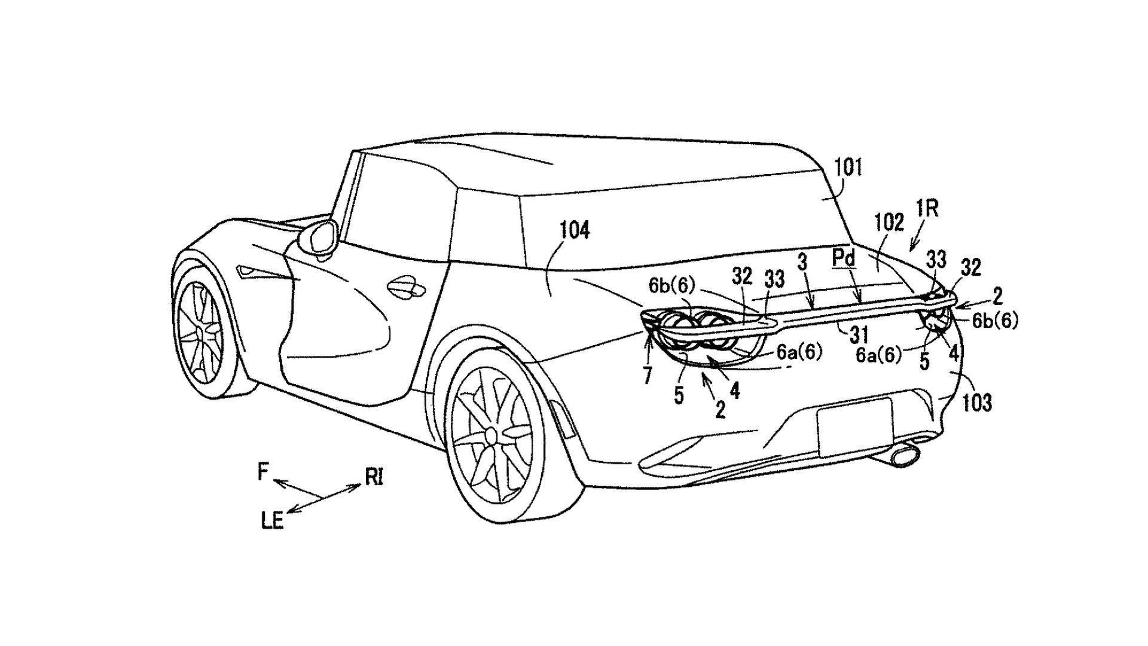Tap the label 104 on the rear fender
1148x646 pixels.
(x=575, y=230)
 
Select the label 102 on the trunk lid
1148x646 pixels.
(x=889, y=223)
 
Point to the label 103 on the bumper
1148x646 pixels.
(x=977, y=402)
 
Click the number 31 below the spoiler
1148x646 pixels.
(x=859, y=336)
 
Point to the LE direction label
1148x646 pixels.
(x=273, y=522)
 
